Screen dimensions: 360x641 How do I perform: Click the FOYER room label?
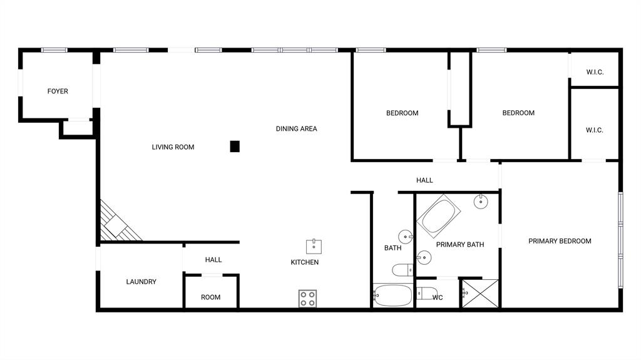point(58,91)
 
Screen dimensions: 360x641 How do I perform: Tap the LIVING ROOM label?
point(173,147)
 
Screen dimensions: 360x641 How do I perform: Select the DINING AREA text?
point(296,129)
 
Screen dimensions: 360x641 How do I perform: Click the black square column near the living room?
point(235,147)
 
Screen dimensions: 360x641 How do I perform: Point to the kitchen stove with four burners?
point(307,299)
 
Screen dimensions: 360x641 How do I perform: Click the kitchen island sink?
point(314,245)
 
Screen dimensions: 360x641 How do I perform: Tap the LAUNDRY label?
point(141,282)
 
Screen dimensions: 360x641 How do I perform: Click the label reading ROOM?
point(210,297)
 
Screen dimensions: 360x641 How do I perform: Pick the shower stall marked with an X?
point(480,293)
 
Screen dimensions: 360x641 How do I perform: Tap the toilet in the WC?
point(426,293)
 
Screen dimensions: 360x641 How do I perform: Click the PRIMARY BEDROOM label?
point(560,241)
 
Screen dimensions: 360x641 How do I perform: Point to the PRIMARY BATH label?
point(459,245)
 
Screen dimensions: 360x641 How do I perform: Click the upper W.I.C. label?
point(595,72)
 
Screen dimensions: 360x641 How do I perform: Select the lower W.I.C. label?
point(594,130)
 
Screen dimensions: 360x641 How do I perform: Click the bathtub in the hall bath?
point(392,295)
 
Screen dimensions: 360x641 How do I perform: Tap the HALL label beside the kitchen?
point(213,260)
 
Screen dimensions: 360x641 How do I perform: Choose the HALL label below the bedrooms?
point(424,180)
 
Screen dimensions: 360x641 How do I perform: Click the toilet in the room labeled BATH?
point(401,270)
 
